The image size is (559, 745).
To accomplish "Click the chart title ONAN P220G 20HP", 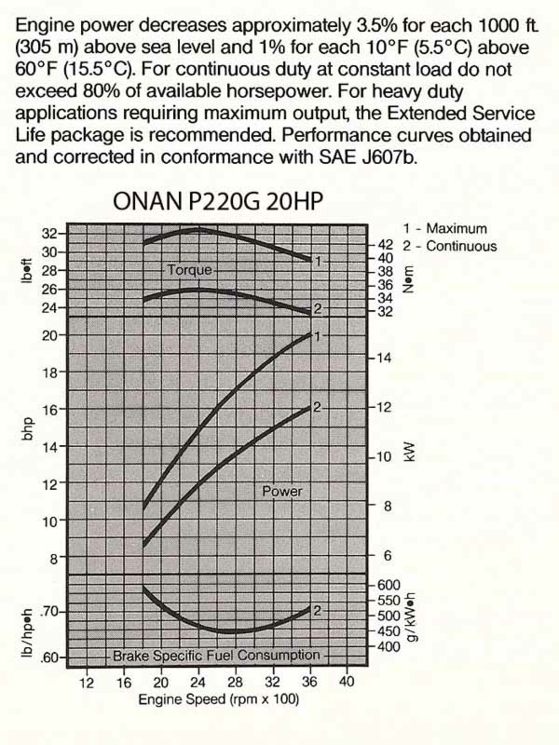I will point(217,201).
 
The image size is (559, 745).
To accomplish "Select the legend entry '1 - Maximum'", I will point(445,228).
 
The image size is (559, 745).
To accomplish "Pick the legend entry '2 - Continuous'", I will point(449,246).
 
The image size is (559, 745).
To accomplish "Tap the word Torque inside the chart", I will point(190,270).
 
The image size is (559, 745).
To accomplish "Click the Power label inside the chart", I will point(282,491).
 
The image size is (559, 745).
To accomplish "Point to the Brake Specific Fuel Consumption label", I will point(216,656).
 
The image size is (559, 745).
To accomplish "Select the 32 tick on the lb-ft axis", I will point(49,234).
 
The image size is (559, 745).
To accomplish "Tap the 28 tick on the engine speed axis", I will point(235,682).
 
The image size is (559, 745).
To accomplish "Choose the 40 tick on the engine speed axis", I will point(346,682).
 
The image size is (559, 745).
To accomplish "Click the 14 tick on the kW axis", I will point(385,358).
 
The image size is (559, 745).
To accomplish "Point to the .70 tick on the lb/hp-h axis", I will point(49,612).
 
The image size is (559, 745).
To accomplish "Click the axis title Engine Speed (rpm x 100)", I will point(218,700).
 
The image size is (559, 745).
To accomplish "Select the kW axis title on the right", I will point(409,452).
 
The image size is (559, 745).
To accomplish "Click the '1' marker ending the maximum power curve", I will point(317,336).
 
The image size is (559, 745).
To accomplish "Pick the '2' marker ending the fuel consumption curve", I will point(317,610).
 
